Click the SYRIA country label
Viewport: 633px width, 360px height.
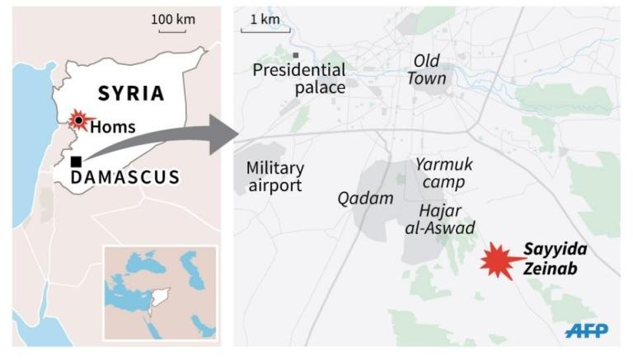click(132, 92)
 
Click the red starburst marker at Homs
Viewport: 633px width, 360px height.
click(78, 120)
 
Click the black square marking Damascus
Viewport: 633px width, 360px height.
click(76, 161)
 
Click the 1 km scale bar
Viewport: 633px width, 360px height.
click(260, 30)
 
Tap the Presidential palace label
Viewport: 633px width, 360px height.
click(298, 77)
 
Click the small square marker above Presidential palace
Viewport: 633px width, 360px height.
click(295, 55)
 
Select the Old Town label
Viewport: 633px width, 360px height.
click(428, 70)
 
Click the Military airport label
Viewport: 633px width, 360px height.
click(274, 176)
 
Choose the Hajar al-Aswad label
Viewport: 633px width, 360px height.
click(434, 219)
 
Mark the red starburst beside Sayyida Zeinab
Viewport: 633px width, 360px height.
click(499, 262)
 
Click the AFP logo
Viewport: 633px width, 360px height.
click(587, 330)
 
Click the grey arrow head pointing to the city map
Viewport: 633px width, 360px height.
click(221, 134)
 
